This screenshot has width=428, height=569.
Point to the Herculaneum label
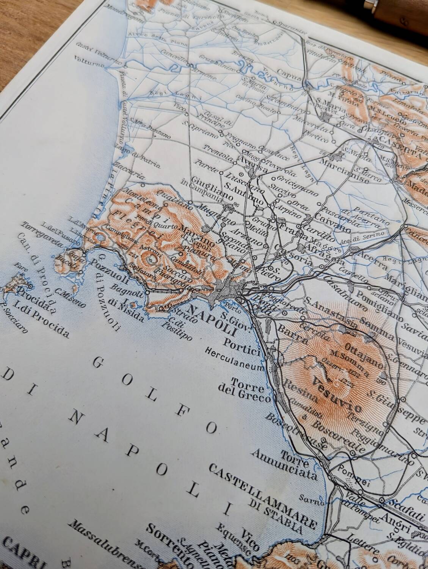[234, 358]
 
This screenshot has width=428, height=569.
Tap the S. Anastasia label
[331, 313]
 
